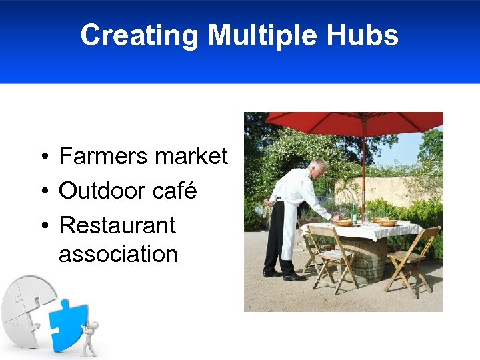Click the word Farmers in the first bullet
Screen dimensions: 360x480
(x=102, y=157)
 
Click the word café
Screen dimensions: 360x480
(x=175, y=191)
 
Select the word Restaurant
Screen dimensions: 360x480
(x=117, y=225)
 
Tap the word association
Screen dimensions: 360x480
(x=118, y=254)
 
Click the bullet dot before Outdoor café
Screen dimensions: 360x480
(x=42, y=192)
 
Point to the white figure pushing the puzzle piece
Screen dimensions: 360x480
(x=90, y=337)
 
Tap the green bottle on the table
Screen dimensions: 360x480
(x=355, y=213)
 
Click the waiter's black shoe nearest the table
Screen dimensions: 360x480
(x=293, y=277)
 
